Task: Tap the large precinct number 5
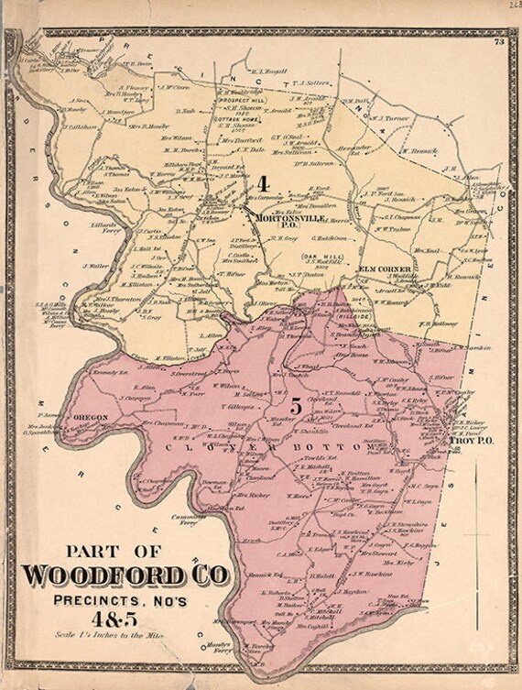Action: click(295, 403)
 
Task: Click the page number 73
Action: click(498, 42)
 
